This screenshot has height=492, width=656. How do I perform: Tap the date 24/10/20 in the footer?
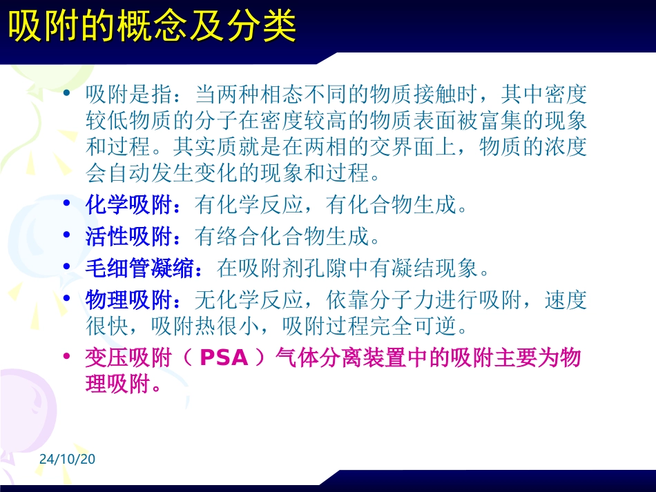(66, 460)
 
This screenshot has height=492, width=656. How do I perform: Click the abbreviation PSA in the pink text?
(226, 358)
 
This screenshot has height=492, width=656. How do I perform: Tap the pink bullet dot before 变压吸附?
(66, 357)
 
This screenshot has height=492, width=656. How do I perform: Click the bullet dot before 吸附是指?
(66, 92)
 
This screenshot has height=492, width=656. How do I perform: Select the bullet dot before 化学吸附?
(66, 204)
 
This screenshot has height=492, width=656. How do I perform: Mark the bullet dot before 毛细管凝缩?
(66, 267)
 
